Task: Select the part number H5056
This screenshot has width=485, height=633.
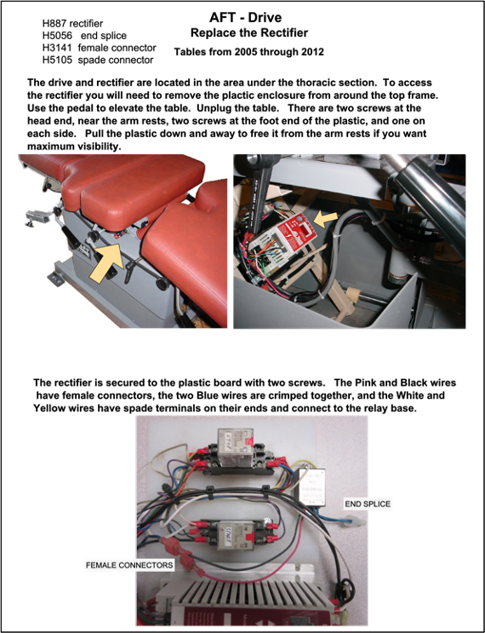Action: (x=57, y=36)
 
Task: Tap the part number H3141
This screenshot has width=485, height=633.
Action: (x=57, y=48)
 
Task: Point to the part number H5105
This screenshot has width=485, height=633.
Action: (x=57, y=60)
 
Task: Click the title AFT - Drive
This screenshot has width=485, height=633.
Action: (x=246, y=17)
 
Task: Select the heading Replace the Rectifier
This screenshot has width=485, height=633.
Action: (x=249, y=32)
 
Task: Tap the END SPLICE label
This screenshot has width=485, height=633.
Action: (x=368, y=504)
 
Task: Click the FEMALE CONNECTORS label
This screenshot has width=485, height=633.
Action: (x=129, y=565)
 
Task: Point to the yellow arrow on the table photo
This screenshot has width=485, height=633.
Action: (x=106, y=262)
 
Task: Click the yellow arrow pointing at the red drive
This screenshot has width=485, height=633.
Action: (x=325, y=219)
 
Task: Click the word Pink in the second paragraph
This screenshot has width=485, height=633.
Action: (x=367, y=383)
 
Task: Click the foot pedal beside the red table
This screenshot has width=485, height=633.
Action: (x=37, y=217)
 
